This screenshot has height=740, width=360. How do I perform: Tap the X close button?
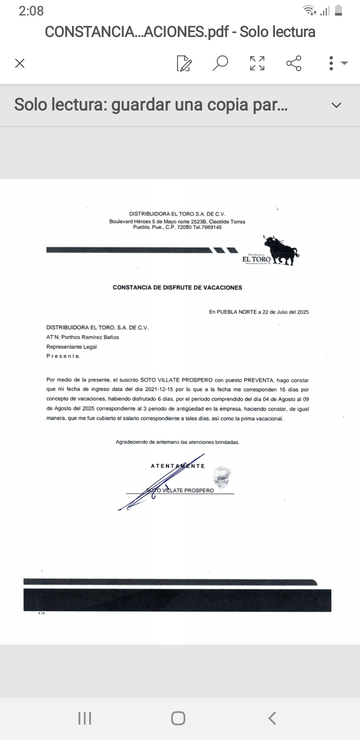tap(19, 63)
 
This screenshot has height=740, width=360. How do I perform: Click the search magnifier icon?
tap(220, 63)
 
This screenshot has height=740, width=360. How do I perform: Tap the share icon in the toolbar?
tap(293, 63)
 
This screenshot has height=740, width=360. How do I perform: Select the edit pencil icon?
tap(184, 63)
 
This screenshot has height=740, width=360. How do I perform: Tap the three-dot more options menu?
tap(331, 63)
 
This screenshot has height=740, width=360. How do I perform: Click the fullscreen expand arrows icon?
tap(257, 63)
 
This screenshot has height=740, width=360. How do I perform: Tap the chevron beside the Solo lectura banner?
tap(336, 105)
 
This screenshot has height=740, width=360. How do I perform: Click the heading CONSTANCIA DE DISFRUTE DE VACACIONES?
tap(177, 287)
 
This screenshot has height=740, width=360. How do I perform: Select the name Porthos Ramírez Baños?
tap(90, 337)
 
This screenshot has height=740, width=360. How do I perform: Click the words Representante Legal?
tap(71, 346)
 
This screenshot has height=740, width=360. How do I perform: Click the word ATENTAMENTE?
tap(177, 466)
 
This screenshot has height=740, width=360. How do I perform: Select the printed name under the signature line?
tap(180, 490)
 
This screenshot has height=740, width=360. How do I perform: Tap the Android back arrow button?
tap(272, 718)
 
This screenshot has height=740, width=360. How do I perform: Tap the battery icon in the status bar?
tap(338, 10)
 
